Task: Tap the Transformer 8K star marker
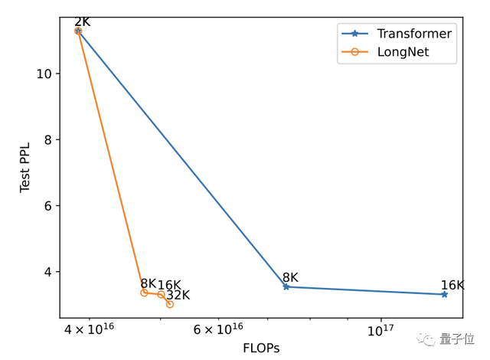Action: (x=286, y=286)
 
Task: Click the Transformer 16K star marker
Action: (x=444, y=294)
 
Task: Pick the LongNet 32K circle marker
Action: (x=169, y=304)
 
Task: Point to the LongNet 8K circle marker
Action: (x=144, y=293)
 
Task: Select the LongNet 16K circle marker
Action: (x=161, y=295)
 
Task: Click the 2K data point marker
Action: (x=78, y=31)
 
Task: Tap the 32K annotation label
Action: (x=178, y=296)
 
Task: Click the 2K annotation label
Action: (x=83, y=21)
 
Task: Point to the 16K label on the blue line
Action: (x=452, y=285)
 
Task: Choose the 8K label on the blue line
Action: (x=290, y=278)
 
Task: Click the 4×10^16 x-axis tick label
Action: (x=90, y=329)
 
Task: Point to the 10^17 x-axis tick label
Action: (x=381, y=329)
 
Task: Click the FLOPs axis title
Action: (x=261, y=348)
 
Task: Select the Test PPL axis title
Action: (x=25, y=166)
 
